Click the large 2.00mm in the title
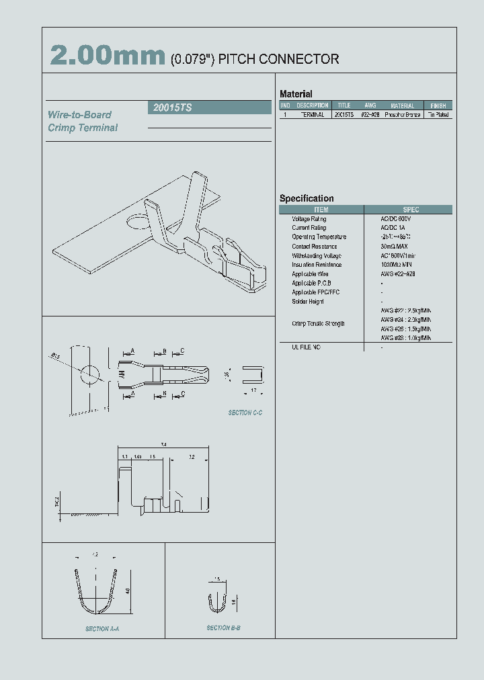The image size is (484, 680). (x=108, y=56)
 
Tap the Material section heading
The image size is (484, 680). (x=296, y=94)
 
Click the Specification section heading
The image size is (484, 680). (x=307, y=198)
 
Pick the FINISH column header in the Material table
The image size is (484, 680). (x=438, y=105)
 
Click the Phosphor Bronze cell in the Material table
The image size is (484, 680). (x=403, y=115)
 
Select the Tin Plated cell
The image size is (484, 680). (x=438, y=115)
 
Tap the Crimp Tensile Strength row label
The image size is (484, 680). (x=318, y=324)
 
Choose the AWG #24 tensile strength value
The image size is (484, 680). (x=405, y=320)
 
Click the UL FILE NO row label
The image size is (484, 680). (x=307, y=347)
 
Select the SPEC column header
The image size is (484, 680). (x=410, y=210)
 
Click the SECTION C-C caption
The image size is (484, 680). (x=245, y=413)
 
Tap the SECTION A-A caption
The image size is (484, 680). (x=102, y=629)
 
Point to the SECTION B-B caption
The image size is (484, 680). (x=223, y=628)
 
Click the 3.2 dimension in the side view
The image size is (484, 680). (x=192, y=457)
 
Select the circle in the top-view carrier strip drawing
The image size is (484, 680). (x=89, y=374)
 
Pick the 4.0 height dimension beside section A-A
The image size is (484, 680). (x=127, y=591)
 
